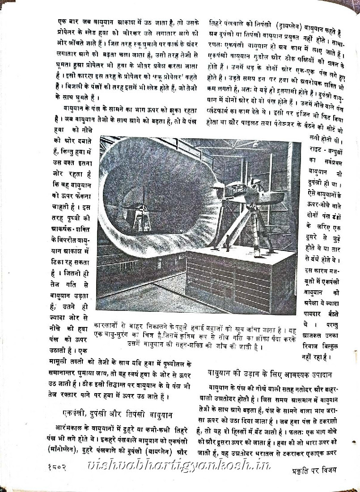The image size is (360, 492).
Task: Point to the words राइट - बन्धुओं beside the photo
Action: coord(323,152)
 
